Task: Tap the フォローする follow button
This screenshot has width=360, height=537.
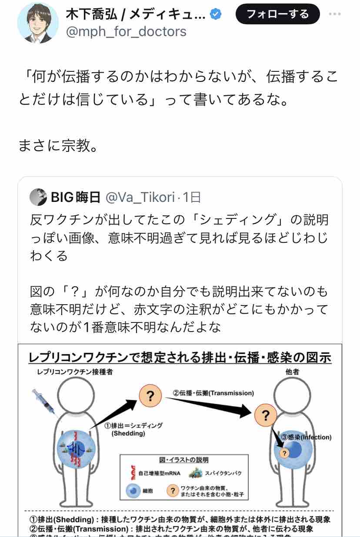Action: [x=277, y=14]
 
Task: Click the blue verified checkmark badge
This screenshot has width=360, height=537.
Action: [x=216, y=15]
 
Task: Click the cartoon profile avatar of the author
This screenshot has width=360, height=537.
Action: [x=38, y=23]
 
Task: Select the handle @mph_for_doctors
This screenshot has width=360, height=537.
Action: [x=126, y=31]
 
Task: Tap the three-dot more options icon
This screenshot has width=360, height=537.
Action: [x=335, y=14]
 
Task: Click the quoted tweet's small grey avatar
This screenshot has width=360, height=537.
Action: [x=39, y=198]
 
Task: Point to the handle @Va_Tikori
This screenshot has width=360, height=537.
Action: [x=141, y=198]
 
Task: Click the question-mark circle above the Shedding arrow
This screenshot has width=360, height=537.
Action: [x=150, y=396]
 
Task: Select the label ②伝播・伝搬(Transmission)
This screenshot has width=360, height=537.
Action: [x=213, y=393]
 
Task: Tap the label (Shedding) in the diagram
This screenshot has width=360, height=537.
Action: [x=128, y=434]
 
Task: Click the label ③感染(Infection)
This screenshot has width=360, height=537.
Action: [x=307, y=437]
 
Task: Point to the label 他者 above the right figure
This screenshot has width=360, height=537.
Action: [x=292, y=373]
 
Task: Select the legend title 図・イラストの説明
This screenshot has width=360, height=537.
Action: [x=184, y=460]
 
